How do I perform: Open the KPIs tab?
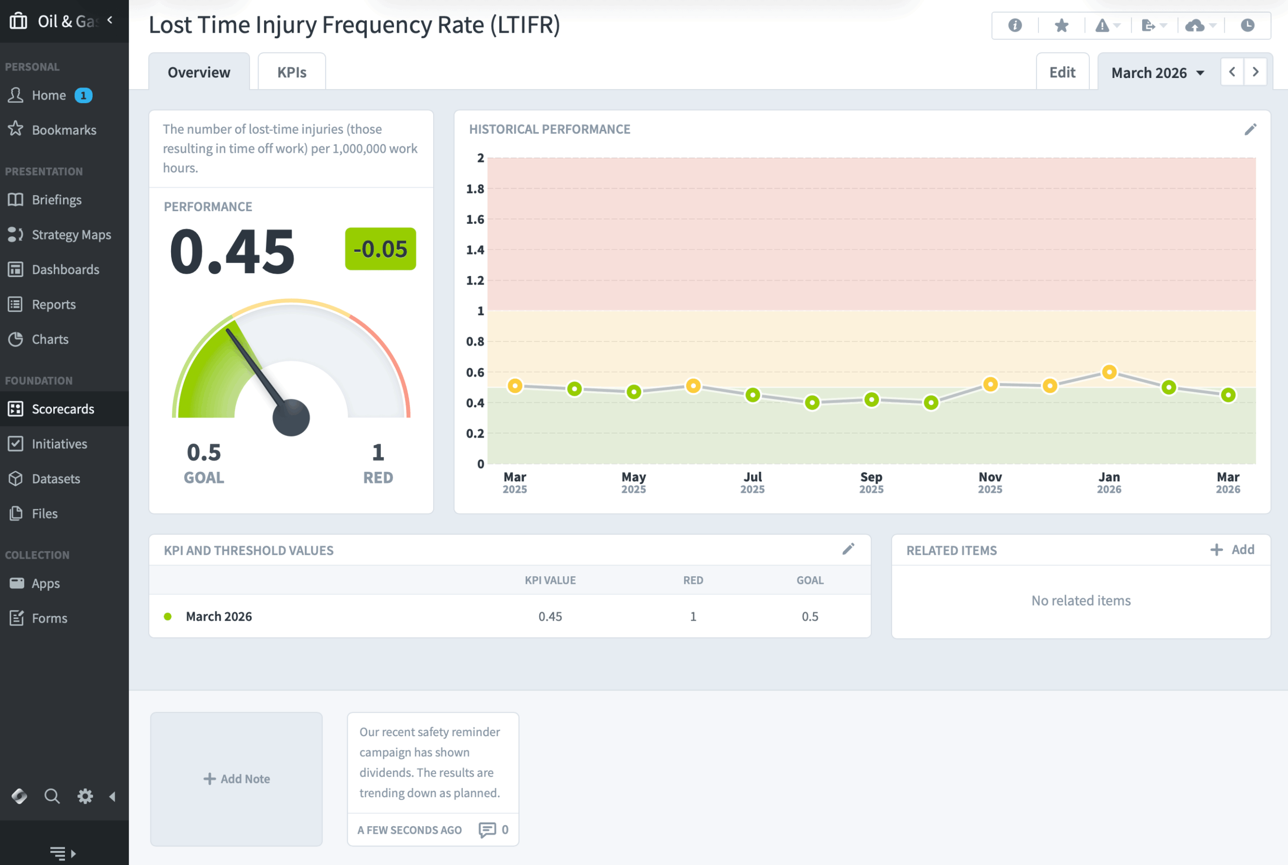291,72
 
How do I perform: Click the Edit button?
1062,72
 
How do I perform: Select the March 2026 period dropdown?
1157,73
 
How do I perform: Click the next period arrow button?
1255,72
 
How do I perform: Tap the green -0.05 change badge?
380,249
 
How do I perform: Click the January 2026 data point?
1109,372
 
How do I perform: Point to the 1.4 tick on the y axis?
474,250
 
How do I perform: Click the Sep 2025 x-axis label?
871,482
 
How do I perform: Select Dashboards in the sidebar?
65,269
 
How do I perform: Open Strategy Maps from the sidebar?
70,234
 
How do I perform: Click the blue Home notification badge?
84,96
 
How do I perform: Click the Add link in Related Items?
1233,550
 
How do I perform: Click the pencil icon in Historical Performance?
1250,129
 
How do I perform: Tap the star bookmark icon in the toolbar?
1061,25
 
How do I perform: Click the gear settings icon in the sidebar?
85,796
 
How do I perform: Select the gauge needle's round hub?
291,417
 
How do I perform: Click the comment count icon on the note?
488,830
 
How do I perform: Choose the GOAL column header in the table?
810,580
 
